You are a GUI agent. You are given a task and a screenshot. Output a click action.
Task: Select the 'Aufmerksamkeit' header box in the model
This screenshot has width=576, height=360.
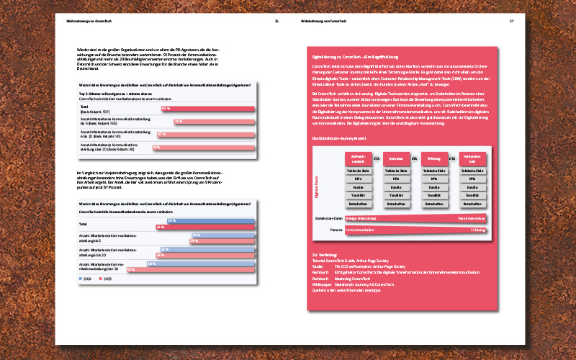[357, 158]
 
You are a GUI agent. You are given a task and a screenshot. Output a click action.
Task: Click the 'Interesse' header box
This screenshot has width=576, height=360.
[395, 158]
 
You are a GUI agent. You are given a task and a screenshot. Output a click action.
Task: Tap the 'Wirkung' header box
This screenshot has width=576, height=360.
[433, 158]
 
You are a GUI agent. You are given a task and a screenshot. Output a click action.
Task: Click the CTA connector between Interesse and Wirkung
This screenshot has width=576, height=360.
[415, 158]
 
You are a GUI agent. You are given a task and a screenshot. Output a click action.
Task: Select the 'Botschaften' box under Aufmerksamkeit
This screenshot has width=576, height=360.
[357, 204]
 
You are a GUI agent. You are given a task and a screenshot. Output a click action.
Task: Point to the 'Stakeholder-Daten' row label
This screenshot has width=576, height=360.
[328, 217]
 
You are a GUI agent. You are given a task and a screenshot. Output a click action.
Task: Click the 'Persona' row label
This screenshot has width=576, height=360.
[336, 230]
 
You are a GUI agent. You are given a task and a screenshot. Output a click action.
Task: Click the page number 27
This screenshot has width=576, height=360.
[511, 21]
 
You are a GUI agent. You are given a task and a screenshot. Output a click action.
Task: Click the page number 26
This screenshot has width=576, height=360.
[276, 21]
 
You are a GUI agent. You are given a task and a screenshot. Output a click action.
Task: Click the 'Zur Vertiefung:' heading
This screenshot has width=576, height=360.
[323, 255]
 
